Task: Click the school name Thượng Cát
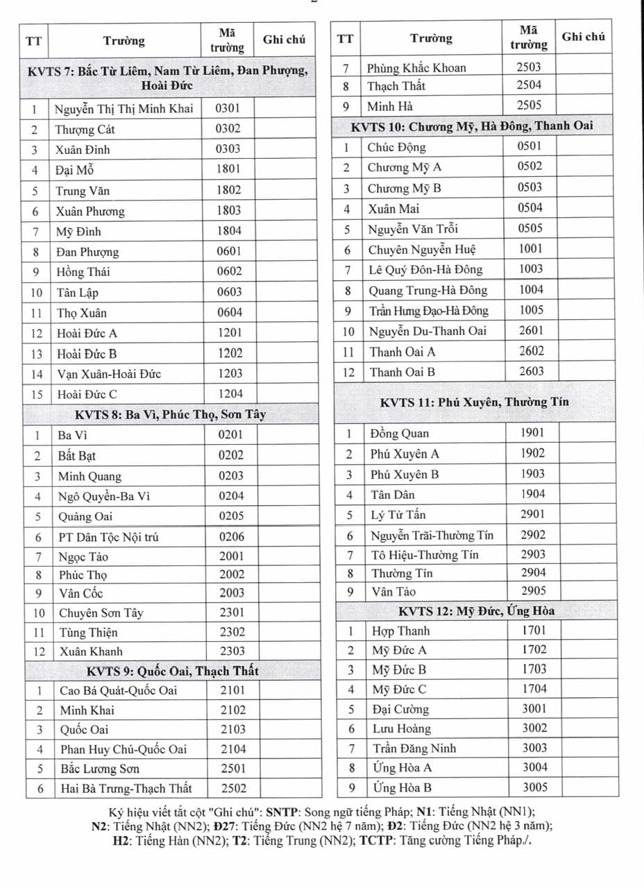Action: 85,129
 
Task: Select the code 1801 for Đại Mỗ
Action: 228,169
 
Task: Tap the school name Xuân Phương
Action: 90,211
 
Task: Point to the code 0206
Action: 231,536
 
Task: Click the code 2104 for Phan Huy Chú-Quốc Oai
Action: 233,749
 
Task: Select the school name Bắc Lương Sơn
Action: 99,769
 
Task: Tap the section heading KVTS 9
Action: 173,671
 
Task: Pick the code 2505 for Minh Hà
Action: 529,105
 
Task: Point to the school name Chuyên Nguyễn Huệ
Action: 422,250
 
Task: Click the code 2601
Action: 531,331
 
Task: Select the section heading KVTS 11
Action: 474,402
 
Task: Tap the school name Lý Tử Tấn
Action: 398,515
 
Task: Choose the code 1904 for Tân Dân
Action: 532,495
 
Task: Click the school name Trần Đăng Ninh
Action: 414,749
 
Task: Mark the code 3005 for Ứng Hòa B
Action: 534,787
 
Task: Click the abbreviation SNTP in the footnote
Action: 286,812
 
